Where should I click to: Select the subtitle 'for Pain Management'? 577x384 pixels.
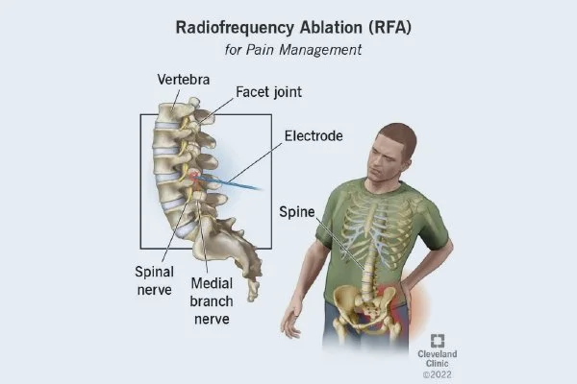pos(288,49)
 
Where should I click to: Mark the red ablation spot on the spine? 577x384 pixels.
pos(196,176)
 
